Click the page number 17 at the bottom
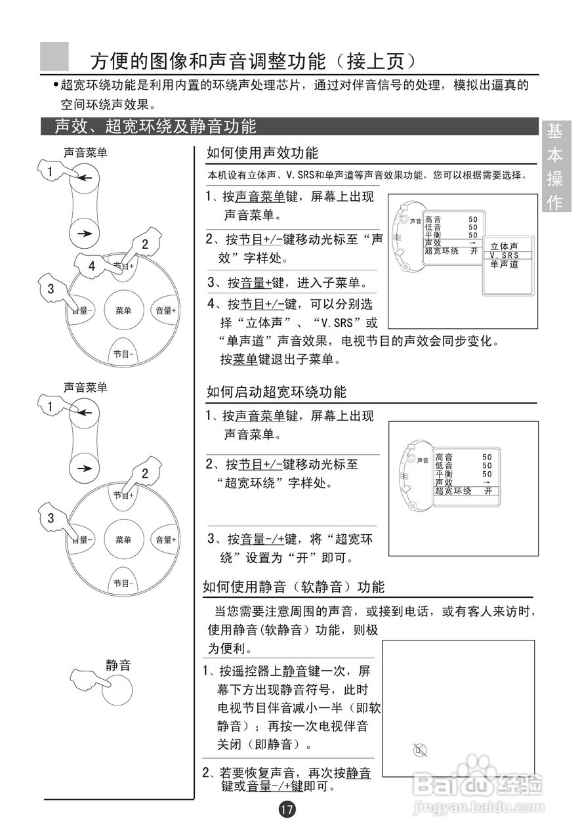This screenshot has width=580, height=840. [287, 809]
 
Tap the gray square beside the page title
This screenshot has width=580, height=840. [54, 56]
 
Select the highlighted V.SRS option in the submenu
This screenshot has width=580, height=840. [504, 255]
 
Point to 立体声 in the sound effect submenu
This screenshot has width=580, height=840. [504, 246]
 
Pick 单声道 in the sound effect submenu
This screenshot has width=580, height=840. [504, 264]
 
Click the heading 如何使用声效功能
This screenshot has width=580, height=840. [262, 153]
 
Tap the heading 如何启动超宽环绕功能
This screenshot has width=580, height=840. [276, 392]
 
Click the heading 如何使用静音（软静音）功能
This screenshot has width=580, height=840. [294, 587]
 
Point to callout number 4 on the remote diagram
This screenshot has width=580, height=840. [92, 266]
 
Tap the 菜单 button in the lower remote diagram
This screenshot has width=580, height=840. [123, 540]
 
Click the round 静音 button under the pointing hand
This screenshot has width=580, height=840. [117, 690]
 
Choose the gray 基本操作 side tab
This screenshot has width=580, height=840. [555, 167]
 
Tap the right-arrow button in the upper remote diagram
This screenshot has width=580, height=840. [84, 234]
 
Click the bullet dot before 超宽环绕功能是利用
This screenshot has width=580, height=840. [56, 86]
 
